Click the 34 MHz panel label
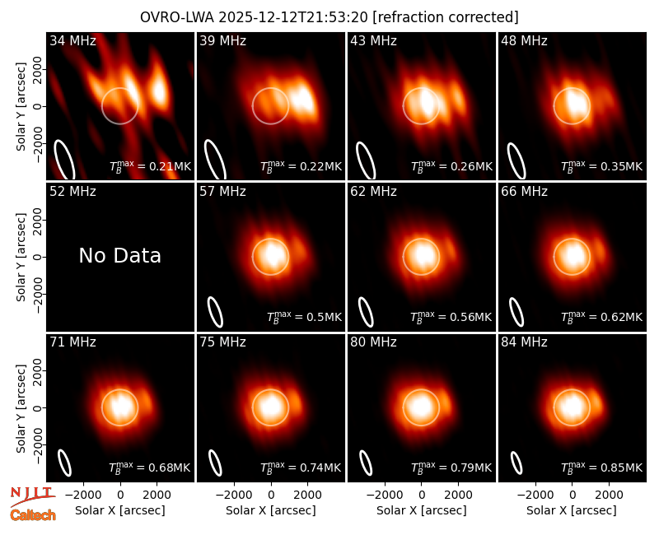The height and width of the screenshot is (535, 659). click(x=72, y=40)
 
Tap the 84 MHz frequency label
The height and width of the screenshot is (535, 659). click(x=524, y=342)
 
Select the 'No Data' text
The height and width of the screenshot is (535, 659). click(x=119, y=255)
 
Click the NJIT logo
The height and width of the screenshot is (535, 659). click(x=32, y=496)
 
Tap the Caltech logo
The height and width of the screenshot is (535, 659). click(x=33, y=515)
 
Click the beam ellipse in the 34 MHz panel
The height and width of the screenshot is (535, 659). click(x=64, y=160)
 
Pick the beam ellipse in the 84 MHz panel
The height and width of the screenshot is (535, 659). click(x=516, y=463)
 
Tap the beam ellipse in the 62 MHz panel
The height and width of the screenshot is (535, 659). click(x=365, y=312)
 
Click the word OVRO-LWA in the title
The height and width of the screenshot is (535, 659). click(x=177, y=17)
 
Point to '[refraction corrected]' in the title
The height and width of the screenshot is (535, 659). click(x=446, y=17)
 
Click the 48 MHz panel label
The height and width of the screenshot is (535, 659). click(x=524, y=40)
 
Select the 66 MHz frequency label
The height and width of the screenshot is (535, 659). click(x=524, y=192)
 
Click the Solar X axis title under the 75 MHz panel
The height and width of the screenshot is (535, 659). click(x=271, y=510)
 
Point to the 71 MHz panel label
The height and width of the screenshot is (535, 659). click(x=72, y=342)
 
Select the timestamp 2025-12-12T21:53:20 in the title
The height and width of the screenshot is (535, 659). click(x=293, y=17)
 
